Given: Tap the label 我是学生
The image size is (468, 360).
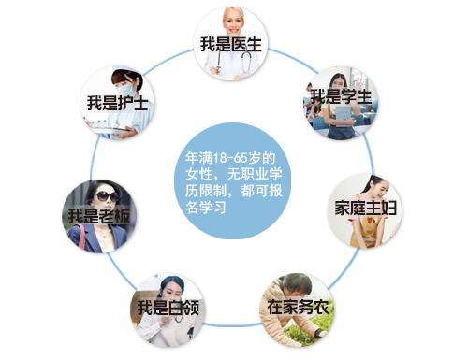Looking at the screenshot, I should pyautogui.click(x=341, y=95).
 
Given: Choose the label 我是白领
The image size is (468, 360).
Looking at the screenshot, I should pyautogui.click(x=167, y=307).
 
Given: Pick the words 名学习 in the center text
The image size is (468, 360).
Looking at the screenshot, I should pyautogui.click(x=207, y=208).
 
